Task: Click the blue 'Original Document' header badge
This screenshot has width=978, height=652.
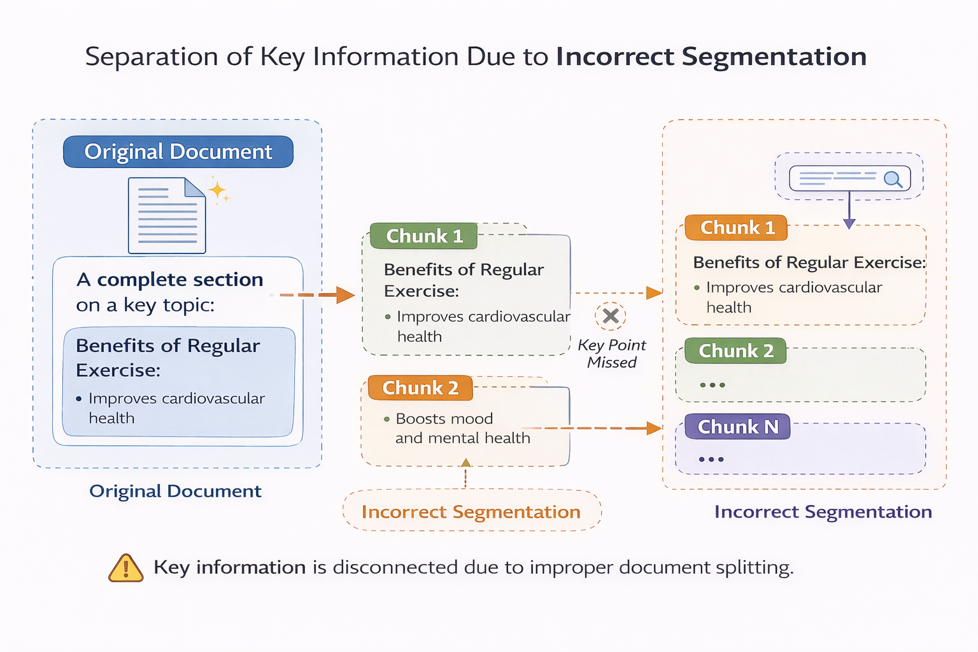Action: coord(178,152)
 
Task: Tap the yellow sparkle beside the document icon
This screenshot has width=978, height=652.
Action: coord(217,190)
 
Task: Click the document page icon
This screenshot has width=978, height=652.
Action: coord(167,215)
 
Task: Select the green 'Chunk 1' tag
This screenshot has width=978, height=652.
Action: coord(424,236)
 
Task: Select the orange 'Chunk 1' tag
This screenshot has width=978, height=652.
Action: coord(737,228)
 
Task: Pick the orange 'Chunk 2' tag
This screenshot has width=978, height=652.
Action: coord(420,388)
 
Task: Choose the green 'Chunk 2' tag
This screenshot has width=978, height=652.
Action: coord(735,351)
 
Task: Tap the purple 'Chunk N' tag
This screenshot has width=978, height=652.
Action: coord(737,427)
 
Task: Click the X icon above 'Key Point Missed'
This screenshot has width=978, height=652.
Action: coord(611,316)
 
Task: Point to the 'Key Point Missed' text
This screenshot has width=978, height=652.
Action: coord(611,353)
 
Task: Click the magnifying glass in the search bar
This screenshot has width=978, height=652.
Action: coord(893,180)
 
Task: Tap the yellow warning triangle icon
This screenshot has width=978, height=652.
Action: coord(126,568)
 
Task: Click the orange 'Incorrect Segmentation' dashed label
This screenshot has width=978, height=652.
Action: coord(471,511)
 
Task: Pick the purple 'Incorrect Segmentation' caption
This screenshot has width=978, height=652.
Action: coord(823,511)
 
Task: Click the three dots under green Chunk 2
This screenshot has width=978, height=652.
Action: coord(712,385)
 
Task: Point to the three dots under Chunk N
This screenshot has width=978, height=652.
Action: coord(711,459)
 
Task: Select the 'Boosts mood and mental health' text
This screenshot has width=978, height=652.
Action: coord(462,428)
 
